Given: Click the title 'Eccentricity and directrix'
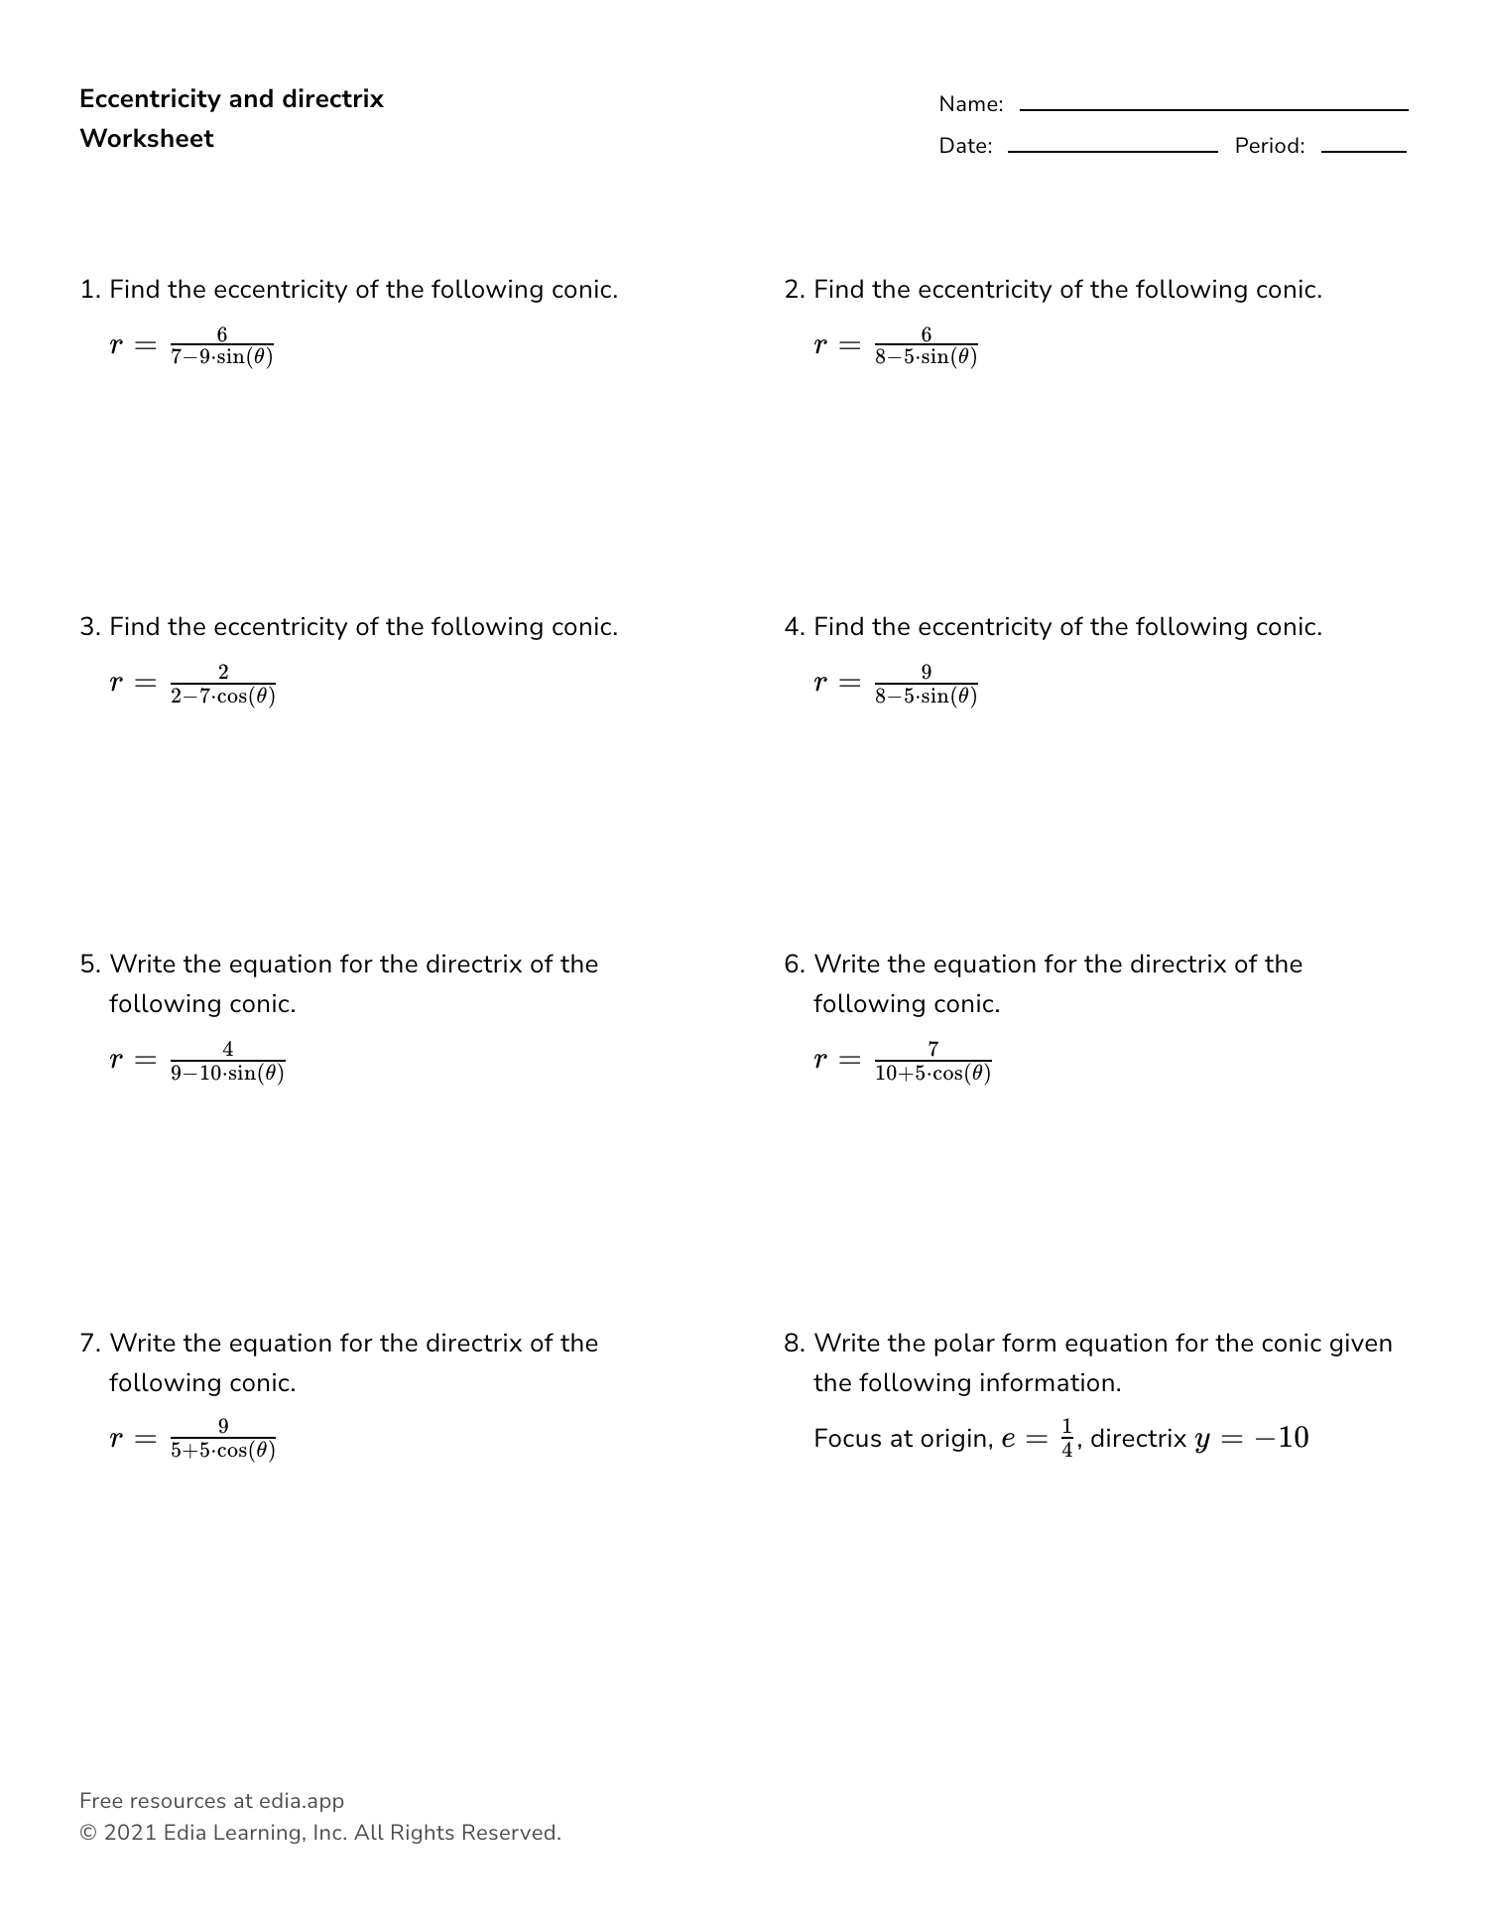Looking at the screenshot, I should (x=231, y=99).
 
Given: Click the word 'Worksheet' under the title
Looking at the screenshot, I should (x=147, y=139).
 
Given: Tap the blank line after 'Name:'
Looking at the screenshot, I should (x=1213, y=109).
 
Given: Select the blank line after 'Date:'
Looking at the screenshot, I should (x=1112, y=151).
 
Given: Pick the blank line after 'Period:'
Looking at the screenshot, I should (x=1363, y=151).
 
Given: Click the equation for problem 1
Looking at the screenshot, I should (x=191, y=345).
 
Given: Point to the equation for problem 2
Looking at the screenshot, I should (x=896, y=345).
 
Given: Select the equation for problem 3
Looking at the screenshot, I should (x=192, y=683).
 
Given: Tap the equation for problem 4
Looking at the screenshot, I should (x=896, y=683).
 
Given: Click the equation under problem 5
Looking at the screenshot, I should (x=197, y=1060).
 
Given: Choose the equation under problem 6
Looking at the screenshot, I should (x=903, y=1060).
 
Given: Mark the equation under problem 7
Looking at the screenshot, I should (x=192, y=1438).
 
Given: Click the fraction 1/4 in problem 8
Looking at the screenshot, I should (x=1067, y=1438).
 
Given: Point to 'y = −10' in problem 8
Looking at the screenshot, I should (x=1252, y=1438).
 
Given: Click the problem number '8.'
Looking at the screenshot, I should (x=794, y=1344).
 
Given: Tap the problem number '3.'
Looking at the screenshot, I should (x=90, y=627).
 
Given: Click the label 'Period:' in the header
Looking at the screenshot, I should (x=1270, y=146).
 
